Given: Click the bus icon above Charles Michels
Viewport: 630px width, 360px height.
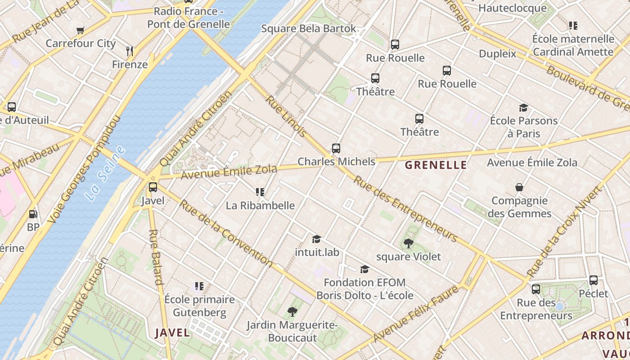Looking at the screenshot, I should (336, 148).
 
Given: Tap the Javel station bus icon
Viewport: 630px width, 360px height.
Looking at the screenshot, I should (153, 187).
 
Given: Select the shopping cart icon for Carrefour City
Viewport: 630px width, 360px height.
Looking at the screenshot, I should (81, 30).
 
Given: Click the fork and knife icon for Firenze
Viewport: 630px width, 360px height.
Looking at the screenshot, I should (130, 51).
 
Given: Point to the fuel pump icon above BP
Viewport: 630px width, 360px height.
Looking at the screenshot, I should (33, 214).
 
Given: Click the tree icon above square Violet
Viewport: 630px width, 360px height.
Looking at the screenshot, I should (409, 243).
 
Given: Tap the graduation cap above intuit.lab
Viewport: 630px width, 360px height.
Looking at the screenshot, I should (317, 239).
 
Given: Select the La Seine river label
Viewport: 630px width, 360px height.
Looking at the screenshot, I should (104, 173).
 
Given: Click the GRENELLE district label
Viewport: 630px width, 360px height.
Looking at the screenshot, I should (436, 165).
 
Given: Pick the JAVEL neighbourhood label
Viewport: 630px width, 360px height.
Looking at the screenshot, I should (172, 333).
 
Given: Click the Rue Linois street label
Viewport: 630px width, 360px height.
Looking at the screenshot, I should (286, 116).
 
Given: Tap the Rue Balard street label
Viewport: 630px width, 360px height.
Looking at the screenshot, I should (155, 257).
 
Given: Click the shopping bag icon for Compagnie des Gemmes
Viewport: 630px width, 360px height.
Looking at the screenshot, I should (519, 187).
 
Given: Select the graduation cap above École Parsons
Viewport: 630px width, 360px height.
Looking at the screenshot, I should (523, 108).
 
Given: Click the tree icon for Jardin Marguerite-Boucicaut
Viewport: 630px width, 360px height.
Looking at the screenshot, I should (292, 311).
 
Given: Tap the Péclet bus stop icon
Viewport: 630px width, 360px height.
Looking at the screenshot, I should (594, 280).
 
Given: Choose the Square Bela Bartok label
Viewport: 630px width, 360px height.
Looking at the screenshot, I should (309, 29).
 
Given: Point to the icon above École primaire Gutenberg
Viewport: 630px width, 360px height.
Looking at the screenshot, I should (199, 286).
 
